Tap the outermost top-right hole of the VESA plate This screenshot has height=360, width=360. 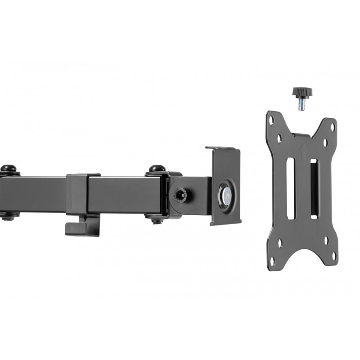coord(332,128)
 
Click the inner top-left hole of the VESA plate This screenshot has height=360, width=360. coord(280,137)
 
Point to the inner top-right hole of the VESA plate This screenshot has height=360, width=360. coord(325,142)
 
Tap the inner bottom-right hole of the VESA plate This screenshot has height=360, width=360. coord(326,243)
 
